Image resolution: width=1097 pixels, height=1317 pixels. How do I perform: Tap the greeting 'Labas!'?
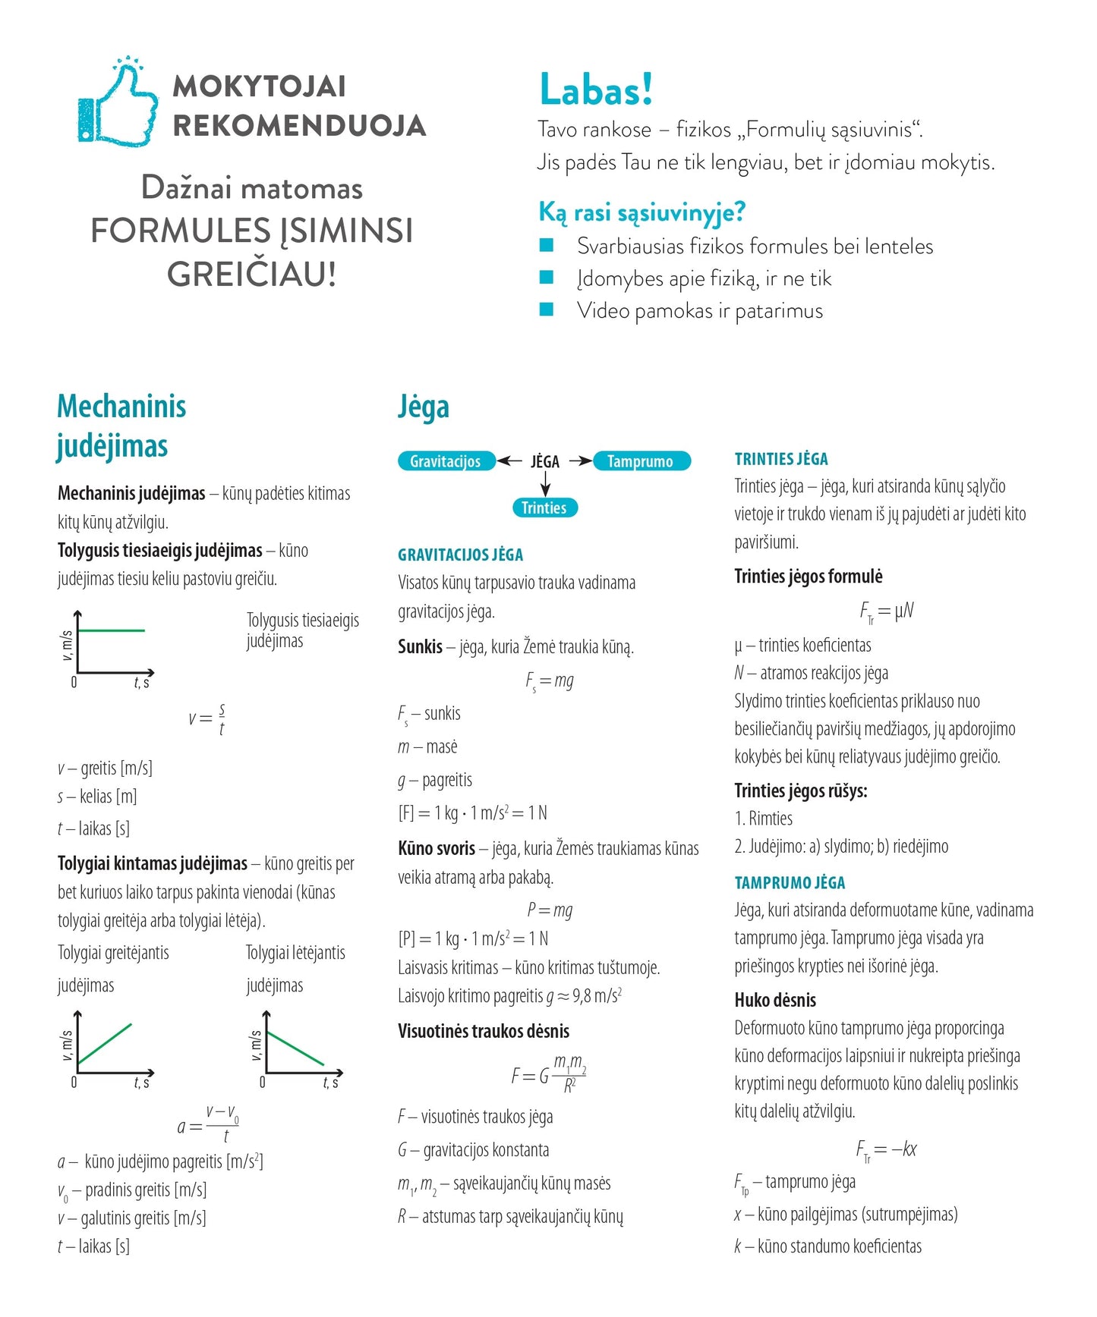596,90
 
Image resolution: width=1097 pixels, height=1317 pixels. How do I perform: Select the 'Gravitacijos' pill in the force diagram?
446,461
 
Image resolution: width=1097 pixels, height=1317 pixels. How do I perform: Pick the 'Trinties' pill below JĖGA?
544,508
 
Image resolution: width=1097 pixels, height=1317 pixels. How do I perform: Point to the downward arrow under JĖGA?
545,484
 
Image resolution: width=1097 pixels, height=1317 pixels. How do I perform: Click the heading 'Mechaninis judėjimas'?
121,426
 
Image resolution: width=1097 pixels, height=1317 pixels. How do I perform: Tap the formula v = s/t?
206,718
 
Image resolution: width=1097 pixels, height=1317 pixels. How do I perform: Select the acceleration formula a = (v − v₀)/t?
209,1124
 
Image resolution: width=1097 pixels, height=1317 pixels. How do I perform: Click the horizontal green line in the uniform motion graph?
111,630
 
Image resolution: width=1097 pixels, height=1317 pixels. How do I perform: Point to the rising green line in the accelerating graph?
105,1044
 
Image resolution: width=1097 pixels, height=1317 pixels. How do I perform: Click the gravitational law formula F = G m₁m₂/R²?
548,1074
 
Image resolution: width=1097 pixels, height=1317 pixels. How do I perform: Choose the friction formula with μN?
886,611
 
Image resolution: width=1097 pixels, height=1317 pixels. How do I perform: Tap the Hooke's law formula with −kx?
886,1150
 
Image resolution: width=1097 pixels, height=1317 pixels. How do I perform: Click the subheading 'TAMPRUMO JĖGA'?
790,882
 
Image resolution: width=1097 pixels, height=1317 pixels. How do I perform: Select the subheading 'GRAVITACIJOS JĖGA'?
460,555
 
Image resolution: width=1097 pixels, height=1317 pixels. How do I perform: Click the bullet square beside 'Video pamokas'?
547,310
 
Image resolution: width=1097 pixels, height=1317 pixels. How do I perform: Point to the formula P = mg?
550,910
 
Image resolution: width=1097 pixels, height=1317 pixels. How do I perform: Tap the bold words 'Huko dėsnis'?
775,1000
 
